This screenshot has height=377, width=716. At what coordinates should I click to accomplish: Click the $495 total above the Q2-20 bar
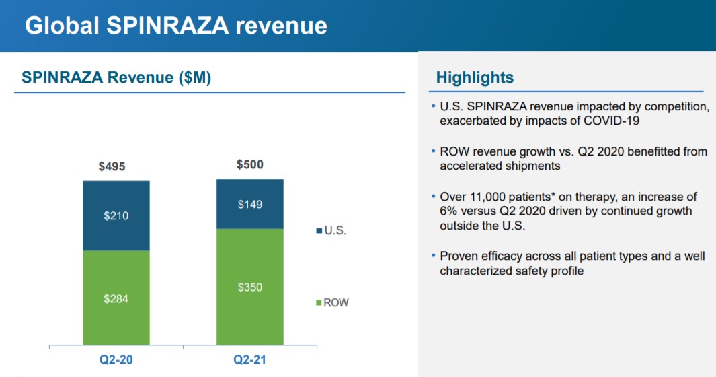112,166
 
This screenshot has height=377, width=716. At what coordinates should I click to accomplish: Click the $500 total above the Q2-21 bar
250,164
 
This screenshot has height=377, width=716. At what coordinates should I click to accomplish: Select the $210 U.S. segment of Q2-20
116,216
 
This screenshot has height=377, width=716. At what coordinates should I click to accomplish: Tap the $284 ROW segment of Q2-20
116,298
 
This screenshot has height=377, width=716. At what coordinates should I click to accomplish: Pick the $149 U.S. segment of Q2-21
250,204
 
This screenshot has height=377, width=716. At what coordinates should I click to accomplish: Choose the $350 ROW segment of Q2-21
250,287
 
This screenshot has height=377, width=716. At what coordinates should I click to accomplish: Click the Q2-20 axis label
116,359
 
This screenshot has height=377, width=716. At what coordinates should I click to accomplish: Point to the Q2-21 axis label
250,359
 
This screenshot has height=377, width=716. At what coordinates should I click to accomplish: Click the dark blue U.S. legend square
319,231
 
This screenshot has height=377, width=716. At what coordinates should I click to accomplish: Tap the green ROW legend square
319,303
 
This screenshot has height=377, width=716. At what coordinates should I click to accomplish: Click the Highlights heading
475,77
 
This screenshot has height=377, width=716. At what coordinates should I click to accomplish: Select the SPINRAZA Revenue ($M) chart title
116,77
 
